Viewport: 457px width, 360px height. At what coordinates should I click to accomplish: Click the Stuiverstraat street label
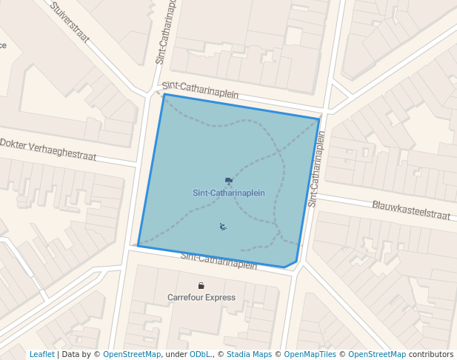click(71, 21)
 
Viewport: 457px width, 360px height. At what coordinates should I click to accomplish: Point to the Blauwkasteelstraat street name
click(411, 210)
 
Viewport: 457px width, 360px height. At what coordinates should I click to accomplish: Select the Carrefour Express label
click(201, 298)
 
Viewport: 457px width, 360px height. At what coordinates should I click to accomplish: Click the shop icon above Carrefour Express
click(201, 286)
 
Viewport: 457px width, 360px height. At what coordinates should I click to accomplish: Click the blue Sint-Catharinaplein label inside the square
click(229, 193)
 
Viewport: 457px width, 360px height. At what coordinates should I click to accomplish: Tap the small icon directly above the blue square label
click(229, 181)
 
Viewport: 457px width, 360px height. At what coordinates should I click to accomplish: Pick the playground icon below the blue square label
click(223, 227)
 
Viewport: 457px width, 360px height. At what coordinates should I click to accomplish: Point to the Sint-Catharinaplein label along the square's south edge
click(219, 261)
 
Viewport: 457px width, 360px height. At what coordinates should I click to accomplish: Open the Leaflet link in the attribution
click(41, 354)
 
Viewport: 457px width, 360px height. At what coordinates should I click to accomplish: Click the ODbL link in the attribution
click(199, 354)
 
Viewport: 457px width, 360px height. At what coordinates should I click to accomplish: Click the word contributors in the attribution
click(431, 354)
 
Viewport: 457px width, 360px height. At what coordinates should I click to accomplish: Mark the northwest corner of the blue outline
click(164, 94)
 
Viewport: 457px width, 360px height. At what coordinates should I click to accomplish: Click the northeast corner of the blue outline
click(320, 119)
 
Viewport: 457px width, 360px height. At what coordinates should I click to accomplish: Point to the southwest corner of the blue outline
click(138, 245)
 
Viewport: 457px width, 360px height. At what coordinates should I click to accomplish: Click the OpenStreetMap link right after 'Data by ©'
click(131, 354)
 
